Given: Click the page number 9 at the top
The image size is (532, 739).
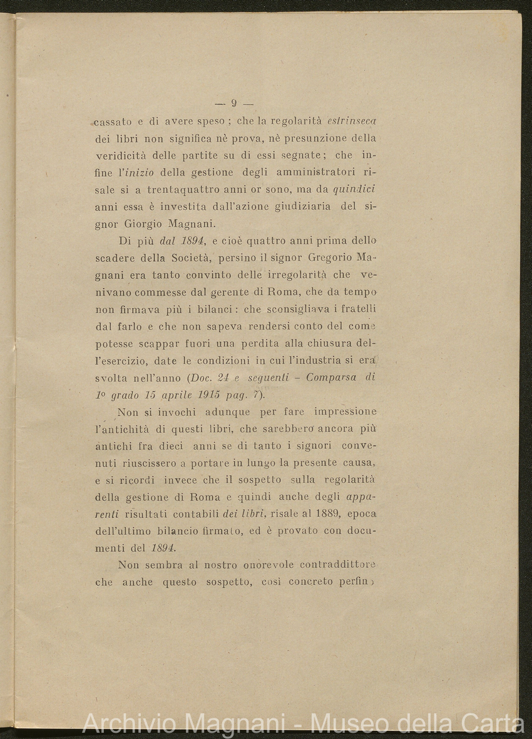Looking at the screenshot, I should pyautogui.click(x=233, y=104).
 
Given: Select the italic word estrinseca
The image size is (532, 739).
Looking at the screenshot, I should pyautogui.click(x=351, y=120).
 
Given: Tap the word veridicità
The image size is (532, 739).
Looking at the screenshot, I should pyautogui.click(x=120, y=155).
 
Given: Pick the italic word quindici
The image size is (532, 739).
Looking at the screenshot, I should pyautogui.click(x=354, y=189).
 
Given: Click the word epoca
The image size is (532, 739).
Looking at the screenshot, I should pyautogui.click(x=363, y=514).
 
